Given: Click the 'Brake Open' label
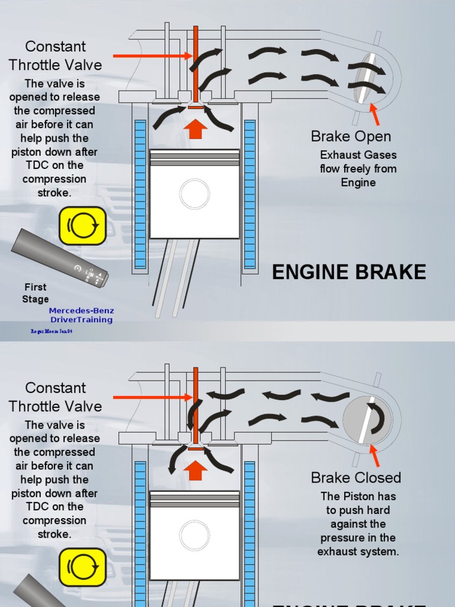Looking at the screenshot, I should pyautogui.click(x=351, y=136).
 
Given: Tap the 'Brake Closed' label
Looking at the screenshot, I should pyautogui.click(x=355, y=478).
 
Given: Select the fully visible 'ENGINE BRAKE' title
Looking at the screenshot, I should pyautogui.click(x=348, y=272).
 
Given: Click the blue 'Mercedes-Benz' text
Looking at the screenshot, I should pyautogui.click(x=81, y=311).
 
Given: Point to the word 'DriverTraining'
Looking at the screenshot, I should pyautogui.click(x=81, y=320).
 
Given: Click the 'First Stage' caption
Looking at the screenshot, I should pyautogui.click(x=36, y=293).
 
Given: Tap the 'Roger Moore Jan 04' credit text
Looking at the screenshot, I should pyautogui.click(x=52, y=331).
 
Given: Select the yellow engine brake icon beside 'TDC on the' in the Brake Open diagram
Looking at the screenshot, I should pyautogui.click(x=83, y=226).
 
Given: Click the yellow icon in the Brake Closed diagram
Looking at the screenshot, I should pyautogui.click(x=83, y=567).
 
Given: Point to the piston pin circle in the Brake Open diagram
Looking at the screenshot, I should pyautogui.click(x=194, y=194).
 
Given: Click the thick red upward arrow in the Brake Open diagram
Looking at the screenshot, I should pyautogui.click(x=195, y=128).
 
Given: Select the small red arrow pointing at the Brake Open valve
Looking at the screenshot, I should pyautogui.click(x=374, y=114).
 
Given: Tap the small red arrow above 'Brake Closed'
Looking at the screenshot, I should pyautogui.click(x=374, y=455).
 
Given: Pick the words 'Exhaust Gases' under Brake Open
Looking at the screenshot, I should pyautogui.click(x=358, y=155).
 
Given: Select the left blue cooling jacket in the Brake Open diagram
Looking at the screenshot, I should pyautogui.click(x=140, y=194).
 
